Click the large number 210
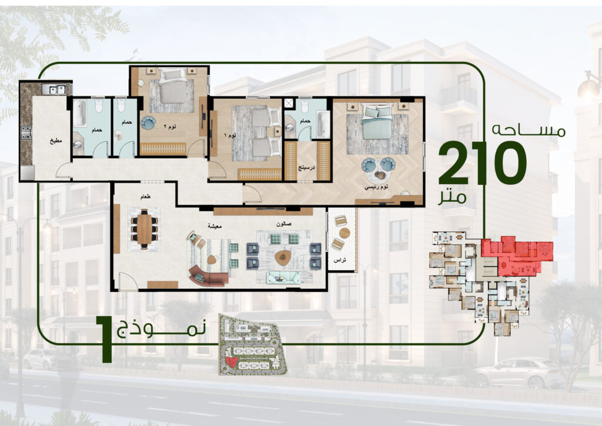pyautogui.click(x=482, y=162)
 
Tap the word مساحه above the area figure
pyautogui.click(x=529, y=129)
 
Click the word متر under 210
pyautogui.click(x=453, y=197)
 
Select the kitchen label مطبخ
pyautogui.click(x=56, y=141)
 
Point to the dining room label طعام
pyautogui.click(x=145, y=197)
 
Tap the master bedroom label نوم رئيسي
pyautogui.click(x=376, y=187)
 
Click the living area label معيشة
pyautogui.click(x=215, y=227)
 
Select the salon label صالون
pyautogui.click(x=284, y=224)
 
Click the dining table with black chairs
pyautogui.click(x=145, y=229)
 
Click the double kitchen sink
pyautogui.click(x=54, y=89)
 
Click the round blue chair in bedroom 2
pyautogui.click(x=148, y=123)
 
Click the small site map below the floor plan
pyautogui.click(x=252, y=344)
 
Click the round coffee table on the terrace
pyautogui.click(x=345, y=233)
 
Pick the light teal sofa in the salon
pyautogui.click(x=284, y=277)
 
